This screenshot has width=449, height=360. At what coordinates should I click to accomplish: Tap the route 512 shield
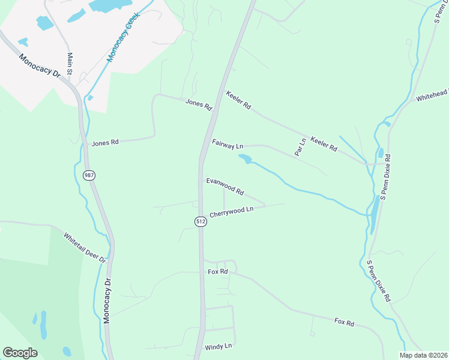200,221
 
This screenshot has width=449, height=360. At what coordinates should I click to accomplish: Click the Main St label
70,64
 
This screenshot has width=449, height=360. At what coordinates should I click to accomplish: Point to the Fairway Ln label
228,144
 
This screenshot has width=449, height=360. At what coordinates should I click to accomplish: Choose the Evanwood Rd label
225,186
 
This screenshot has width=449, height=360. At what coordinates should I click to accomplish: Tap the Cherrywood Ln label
232,212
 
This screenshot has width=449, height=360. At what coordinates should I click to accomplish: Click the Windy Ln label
218,346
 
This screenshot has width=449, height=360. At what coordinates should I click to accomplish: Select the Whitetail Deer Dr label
85,248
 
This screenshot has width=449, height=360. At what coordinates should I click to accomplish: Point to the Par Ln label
300,148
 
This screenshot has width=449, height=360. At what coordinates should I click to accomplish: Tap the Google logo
20,352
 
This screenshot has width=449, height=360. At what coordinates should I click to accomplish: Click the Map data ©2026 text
423,355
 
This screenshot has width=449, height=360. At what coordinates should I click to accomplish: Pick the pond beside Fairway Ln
245,159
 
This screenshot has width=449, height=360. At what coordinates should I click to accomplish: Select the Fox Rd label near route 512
218,272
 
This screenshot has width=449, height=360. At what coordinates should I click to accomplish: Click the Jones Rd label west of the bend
105,143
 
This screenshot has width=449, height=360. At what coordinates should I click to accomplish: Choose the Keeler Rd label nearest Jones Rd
238,100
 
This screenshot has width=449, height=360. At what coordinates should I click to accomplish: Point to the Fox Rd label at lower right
344,323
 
